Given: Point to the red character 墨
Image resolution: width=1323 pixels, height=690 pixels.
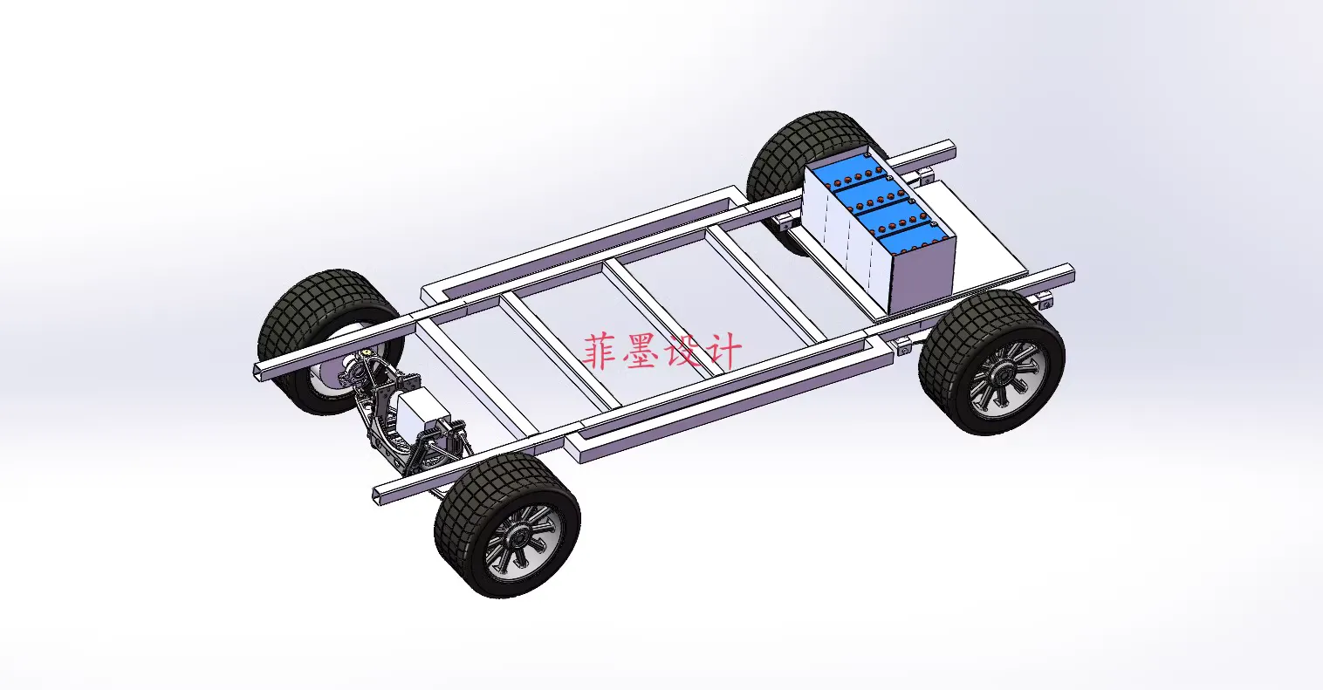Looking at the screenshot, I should pyautogui.click(x=641, y=351).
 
